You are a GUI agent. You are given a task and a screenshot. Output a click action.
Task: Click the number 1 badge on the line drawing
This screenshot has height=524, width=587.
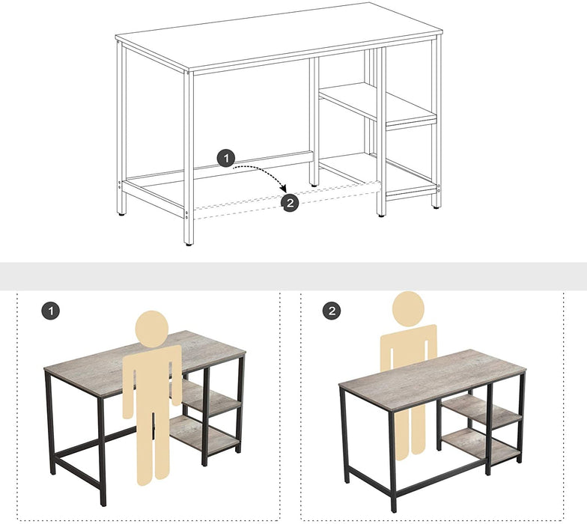coord(226,158)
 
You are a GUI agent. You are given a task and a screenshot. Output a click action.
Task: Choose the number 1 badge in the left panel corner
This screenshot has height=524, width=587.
coord(49,311)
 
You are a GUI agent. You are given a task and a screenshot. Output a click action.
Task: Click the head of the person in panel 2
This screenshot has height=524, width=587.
coord(408,308)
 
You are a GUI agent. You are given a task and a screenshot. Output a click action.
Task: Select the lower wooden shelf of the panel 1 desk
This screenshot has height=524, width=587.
coord(206,434)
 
